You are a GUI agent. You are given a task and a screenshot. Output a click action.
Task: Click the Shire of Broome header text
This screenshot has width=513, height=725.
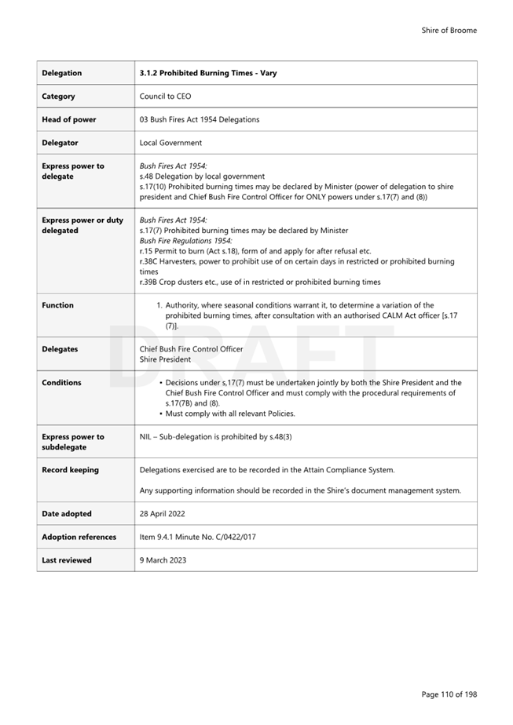[x=449, y=31]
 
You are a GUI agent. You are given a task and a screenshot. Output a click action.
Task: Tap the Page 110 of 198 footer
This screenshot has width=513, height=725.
[x=449, y=694]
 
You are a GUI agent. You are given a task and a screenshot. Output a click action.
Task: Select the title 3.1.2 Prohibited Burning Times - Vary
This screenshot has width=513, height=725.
[x=207, y=73]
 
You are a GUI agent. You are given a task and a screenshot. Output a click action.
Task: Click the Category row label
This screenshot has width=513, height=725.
[x=58, y=97]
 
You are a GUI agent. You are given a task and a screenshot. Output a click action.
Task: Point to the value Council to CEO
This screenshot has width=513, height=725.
[x=165, y=97]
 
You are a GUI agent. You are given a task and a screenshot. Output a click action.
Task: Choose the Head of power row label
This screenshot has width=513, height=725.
[x=69, y=119]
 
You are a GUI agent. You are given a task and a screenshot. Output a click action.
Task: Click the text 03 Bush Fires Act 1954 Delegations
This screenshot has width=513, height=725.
[x=199, y=119]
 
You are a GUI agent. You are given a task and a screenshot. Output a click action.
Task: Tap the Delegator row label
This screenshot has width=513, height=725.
[x=61, y=143]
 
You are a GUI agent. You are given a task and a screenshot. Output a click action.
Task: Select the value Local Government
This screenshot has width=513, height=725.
[x=170, y=143]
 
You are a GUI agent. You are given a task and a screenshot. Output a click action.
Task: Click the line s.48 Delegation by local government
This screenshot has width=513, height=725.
[x=202, y=177]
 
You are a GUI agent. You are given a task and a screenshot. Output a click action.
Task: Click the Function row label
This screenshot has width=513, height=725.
[x=57, y=305]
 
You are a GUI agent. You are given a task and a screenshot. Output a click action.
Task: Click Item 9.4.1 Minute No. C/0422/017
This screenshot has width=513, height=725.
[x=197, y=537]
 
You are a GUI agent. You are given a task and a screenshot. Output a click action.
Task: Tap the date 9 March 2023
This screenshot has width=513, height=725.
[x=162, y=560]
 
